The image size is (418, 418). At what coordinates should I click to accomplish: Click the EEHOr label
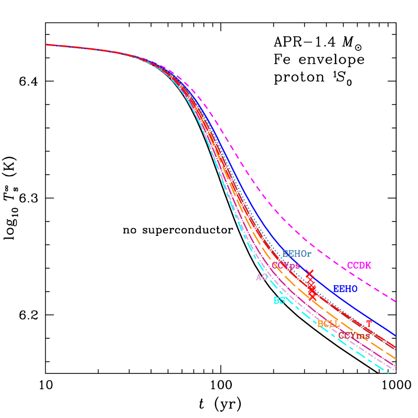pyautogui.click(x=297, y=254)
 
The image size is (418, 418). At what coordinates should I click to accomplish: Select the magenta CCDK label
pyautogui.click(x=359, y=266)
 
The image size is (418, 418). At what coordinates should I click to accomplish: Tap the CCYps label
pyautogui.click(x=286, y=266)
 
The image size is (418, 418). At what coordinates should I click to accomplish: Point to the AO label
pyautogui.click(x=262, y=277)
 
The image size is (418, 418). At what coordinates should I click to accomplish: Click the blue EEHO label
pyautogui.click(x=345, y=289)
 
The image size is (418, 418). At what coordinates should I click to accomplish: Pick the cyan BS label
pyautogui.click(x=279, y=301)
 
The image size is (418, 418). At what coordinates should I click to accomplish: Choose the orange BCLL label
pyautogui.click(x=328, y=324)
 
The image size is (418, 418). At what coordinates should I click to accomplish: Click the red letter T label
pyautogui.click(x=369, y=324)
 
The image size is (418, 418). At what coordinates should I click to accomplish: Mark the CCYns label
pyautogui.click(x=354, y=336)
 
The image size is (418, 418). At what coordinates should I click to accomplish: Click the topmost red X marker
pyautogui.click(x=309, y=274)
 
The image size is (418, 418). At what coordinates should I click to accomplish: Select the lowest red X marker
pyautogui.click(x=313, y=297)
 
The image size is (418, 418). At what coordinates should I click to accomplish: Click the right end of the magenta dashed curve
pyautogui.click(x=395, y=302)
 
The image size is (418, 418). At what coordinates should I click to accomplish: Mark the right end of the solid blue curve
pyautogui.click(x=395, y=335)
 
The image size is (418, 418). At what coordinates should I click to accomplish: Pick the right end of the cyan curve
pyautogui.click(x=389, y=372)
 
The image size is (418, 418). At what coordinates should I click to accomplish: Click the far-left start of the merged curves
pyautogui.click(x=47, y=45)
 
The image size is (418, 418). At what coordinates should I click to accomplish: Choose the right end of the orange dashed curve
pyautogui.click(x=395, y=360)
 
